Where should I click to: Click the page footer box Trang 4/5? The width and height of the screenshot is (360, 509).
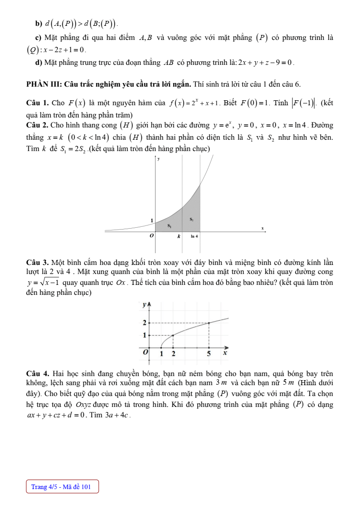click(x=62, y=487)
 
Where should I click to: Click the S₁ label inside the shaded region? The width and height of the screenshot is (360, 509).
click(x=169, y=225)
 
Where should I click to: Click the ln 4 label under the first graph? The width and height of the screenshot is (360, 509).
click(x=194, y=236)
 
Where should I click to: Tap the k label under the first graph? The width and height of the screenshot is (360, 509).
click(x=179, y=236)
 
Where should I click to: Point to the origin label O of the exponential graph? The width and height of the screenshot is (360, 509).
click(x=151, y=236)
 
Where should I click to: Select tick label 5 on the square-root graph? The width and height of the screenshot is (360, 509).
click(x=209, y=353)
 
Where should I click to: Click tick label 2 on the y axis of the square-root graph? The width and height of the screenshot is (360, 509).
click(x=145, y=323)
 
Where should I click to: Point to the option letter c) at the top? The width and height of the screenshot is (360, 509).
click(x=38, y=38)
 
